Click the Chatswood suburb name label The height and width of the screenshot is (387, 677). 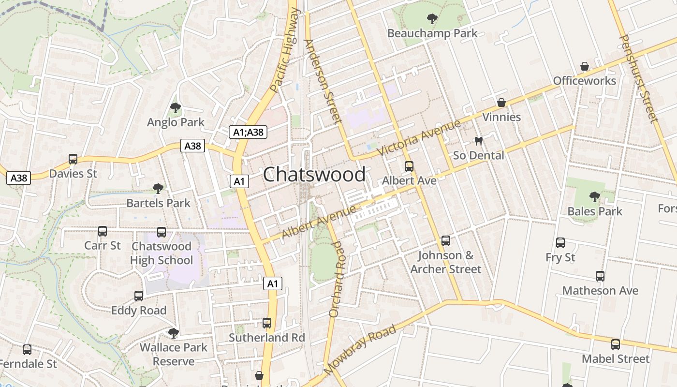(x=314, y=175)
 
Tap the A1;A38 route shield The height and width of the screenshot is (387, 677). (x=248, y=132)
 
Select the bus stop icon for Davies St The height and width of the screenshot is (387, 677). (x=73, y=159)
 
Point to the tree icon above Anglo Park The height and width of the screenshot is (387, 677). (x=176, y=108)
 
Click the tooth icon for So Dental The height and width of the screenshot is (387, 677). (x=479, y=141)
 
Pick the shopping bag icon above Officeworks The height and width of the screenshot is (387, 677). (x=585, y=66)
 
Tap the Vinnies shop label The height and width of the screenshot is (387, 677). (x=501, y=117)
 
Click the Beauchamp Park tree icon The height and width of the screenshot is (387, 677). (x=432, y=19)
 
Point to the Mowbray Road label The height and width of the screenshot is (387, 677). (x=360, y=350)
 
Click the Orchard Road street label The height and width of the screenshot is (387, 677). (x=338, y=279)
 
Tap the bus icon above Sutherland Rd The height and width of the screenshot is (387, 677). (x=267, y=323)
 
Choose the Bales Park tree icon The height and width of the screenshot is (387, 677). (x=595, y=197)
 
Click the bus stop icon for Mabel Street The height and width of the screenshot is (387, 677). (x=615, y=344)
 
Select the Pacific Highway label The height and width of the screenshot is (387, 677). (x=285, y=50)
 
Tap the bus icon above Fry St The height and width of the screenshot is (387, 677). (x=560, y=243)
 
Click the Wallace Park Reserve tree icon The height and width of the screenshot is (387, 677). (x=173, y=333)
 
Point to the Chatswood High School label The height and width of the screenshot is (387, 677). (x=162, y=253)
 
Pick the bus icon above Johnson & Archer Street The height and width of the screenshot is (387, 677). (x=446, y=240)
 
